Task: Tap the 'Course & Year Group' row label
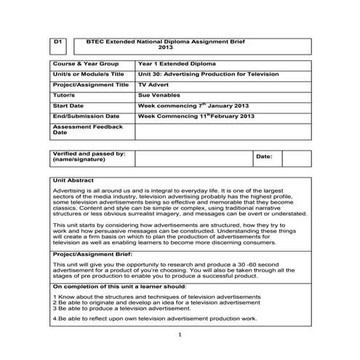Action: (86, 64)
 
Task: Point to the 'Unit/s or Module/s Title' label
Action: (89, 74)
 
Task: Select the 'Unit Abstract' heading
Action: (75, 178)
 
